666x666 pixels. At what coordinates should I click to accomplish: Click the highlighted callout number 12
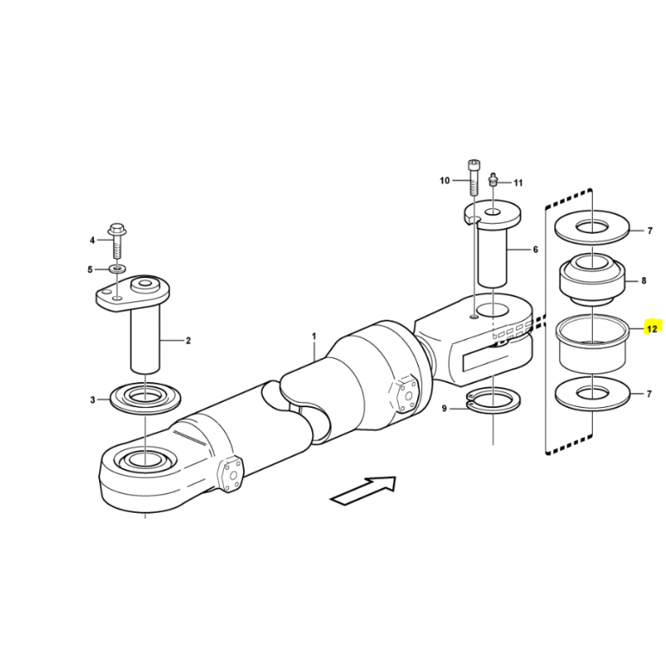point(652,328)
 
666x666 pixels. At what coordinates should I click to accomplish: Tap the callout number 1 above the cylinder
point(314,336)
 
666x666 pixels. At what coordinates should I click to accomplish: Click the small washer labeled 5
point(116,268)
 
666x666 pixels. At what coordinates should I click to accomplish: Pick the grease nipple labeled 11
point(493,178)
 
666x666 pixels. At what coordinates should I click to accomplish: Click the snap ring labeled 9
point(494,401)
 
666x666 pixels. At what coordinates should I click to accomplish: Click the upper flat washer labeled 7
point(592,228)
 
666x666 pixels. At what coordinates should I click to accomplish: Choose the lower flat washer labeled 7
point(592,394)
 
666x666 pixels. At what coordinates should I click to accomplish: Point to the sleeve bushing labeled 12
point(592,342)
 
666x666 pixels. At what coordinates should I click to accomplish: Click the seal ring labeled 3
point(145,398)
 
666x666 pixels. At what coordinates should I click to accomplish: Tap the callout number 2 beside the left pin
point(188,340)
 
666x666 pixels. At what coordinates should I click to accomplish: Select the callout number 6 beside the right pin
point(534,249)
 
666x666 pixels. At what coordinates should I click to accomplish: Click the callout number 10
point(445,181)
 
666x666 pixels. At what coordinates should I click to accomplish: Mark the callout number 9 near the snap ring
point(445,409)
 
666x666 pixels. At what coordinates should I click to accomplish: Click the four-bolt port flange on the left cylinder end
point(230,475)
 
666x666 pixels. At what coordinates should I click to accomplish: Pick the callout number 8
point(644,281)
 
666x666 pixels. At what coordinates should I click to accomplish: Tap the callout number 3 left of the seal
point(92,400)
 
